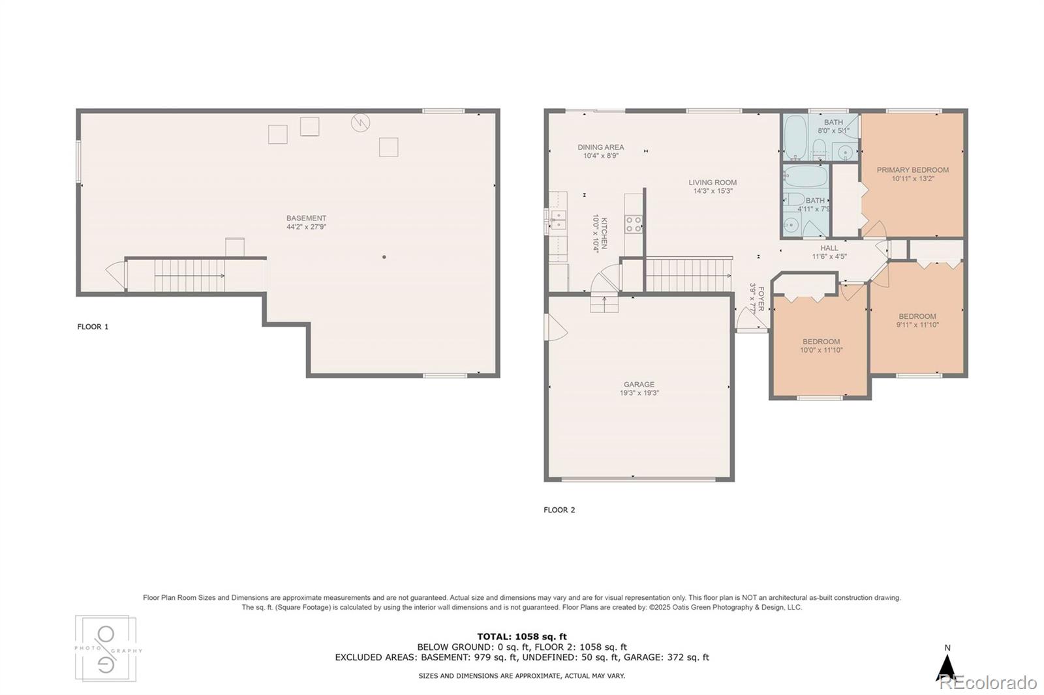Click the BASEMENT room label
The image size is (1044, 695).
coord(306,218)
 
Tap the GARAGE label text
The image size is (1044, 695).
coord(639,385)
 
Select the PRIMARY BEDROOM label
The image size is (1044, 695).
coord(912,170)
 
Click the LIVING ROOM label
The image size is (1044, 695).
coord(713,183)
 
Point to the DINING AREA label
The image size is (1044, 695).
coord(600,147)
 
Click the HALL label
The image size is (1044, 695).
coord(829,248)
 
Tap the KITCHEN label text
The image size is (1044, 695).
coord(604,233)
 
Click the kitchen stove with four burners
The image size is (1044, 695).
coord(634,224)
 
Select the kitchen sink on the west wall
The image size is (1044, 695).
coord(557,220)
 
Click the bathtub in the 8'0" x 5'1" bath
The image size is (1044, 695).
coord(795,137)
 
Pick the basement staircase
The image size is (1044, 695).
coord(189,275)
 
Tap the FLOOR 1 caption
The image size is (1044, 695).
coord(93,327)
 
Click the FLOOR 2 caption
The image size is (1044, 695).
coord(559,510)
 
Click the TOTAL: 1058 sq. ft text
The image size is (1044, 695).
coord(522,636)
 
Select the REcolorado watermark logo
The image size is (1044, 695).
coord(988,683)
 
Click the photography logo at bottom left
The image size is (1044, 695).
coord(106,648)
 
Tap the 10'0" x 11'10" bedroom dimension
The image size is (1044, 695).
coord(821,350)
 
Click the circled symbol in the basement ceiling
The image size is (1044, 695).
coord(360,122)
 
